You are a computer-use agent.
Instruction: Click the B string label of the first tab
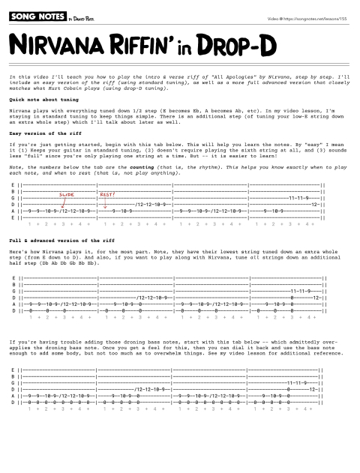(14, 192)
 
